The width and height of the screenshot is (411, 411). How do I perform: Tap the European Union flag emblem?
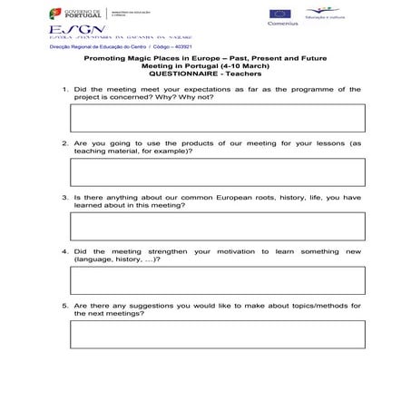[x=279, y=13]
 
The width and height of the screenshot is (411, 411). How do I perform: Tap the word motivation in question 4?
[x=236, y=251]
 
